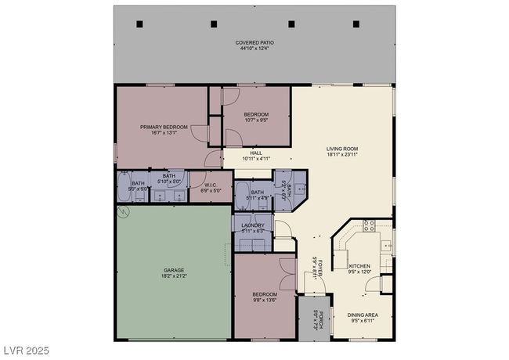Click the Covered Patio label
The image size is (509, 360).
point(255,42)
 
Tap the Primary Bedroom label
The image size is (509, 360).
point(164,127)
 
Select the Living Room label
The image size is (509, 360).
point(342,149)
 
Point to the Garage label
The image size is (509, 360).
point(174,270)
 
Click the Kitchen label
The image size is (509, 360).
point(359,267)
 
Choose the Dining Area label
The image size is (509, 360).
point(363,315)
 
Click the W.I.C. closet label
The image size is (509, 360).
point(211,185)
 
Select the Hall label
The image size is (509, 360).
point(256,153)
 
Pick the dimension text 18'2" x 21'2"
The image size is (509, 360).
point(174,276)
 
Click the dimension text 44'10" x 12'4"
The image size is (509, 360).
point(255,49)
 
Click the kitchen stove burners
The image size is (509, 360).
point(368,228)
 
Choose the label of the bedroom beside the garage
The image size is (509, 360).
point(264,294)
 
